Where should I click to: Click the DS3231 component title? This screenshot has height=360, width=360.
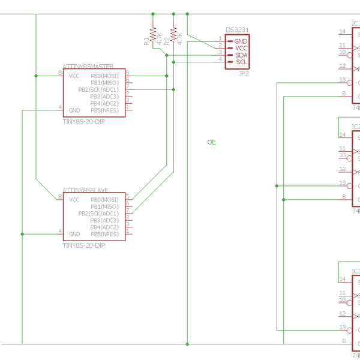(x=237, y=30)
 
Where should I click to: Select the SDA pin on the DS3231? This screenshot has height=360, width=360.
(x=241, y=55)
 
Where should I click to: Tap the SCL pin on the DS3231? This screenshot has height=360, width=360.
(x=241, y=62)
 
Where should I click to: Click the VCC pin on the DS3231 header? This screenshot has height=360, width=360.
(x=241, y=48)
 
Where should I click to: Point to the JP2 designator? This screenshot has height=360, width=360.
(x=244, y=73)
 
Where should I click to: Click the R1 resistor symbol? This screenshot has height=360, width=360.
(x=153, y=34)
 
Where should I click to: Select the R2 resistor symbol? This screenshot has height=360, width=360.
(x=173, y=34)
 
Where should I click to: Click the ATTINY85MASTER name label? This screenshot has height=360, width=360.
(x=88, y=66)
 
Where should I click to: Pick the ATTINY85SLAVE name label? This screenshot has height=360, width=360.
(x=85, y=190)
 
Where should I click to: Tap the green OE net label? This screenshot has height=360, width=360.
(x=211, y=142)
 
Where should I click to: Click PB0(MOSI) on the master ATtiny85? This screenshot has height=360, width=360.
(x=104, y=76)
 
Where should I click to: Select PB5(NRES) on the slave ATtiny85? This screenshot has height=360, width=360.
(x=104, y=234)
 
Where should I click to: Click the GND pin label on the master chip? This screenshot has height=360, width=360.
(x=74, y=110)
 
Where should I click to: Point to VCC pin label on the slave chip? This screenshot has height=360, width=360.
(x=74, y=200)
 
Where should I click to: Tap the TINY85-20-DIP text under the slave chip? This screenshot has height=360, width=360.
(x=84, y=245)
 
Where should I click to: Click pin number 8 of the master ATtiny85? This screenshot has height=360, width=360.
(x=59, y=73)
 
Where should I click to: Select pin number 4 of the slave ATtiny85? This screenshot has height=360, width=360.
(x=59, y=231)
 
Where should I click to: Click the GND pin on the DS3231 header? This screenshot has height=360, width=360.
(x=241, y=41)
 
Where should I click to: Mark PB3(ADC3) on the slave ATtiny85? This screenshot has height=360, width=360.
(x=104, y=220)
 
